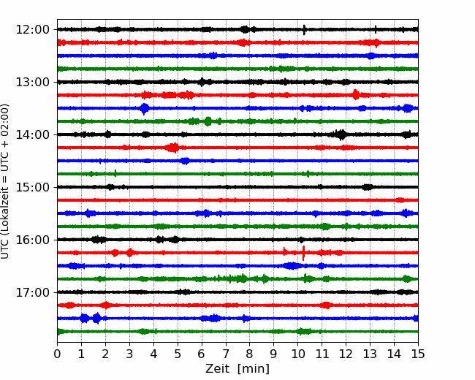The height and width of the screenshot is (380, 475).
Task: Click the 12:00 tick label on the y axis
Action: [x=32, y=30]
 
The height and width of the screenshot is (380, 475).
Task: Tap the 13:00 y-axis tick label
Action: [x=32, y=82]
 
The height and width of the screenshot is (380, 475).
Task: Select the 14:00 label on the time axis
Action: [x=32, y=134]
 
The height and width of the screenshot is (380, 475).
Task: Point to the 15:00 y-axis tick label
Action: [x=32, y=187]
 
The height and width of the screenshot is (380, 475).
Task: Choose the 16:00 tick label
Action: [x=32, y=240]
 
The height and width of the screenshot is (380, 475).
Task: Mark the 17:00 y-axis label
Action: [x=32, y=292]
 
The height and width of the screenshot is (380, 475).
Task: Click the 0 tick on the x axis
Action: [x=57, y=354]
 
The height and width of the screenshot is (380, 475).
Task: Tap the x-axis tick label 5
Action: [x=178, y=354]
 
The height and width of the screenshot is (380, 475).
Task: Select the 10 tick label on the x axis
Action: [x=297, y=354]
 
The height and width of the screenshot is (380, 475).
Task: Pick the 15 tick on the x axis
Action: [x=418, y=354]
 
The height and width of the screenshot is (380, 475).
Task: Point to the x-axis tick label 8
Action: [x=250, y=354]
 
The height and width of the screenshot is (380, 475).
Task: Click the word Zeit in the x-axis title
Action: [x=217, y=369]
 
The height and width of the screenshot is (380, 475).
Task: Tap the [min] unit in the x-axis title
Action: [x=254, y=369]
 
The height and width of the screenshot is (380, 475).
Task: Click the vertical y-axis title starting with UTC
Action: [x=5, y=181]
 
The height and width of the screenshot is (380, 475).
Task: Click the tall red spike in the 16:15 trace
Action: [x=303, y=253]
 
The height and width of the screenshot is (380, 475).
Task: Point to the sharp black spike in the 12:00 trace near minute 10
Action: [x=304, y=30]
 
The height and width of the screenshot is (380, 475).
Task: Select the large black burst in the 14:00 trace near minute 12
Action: [x=341, y=134]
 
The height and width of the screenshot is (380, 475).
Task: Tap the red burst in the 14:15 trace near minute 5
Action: [x=172, y=148]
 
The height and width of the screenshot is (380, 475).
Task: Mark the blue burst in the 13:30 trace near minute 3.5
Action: [x=145, y=108]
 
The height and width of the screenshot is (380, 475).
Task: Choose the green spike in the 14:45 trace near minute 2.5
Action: [x=115, y=173]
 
